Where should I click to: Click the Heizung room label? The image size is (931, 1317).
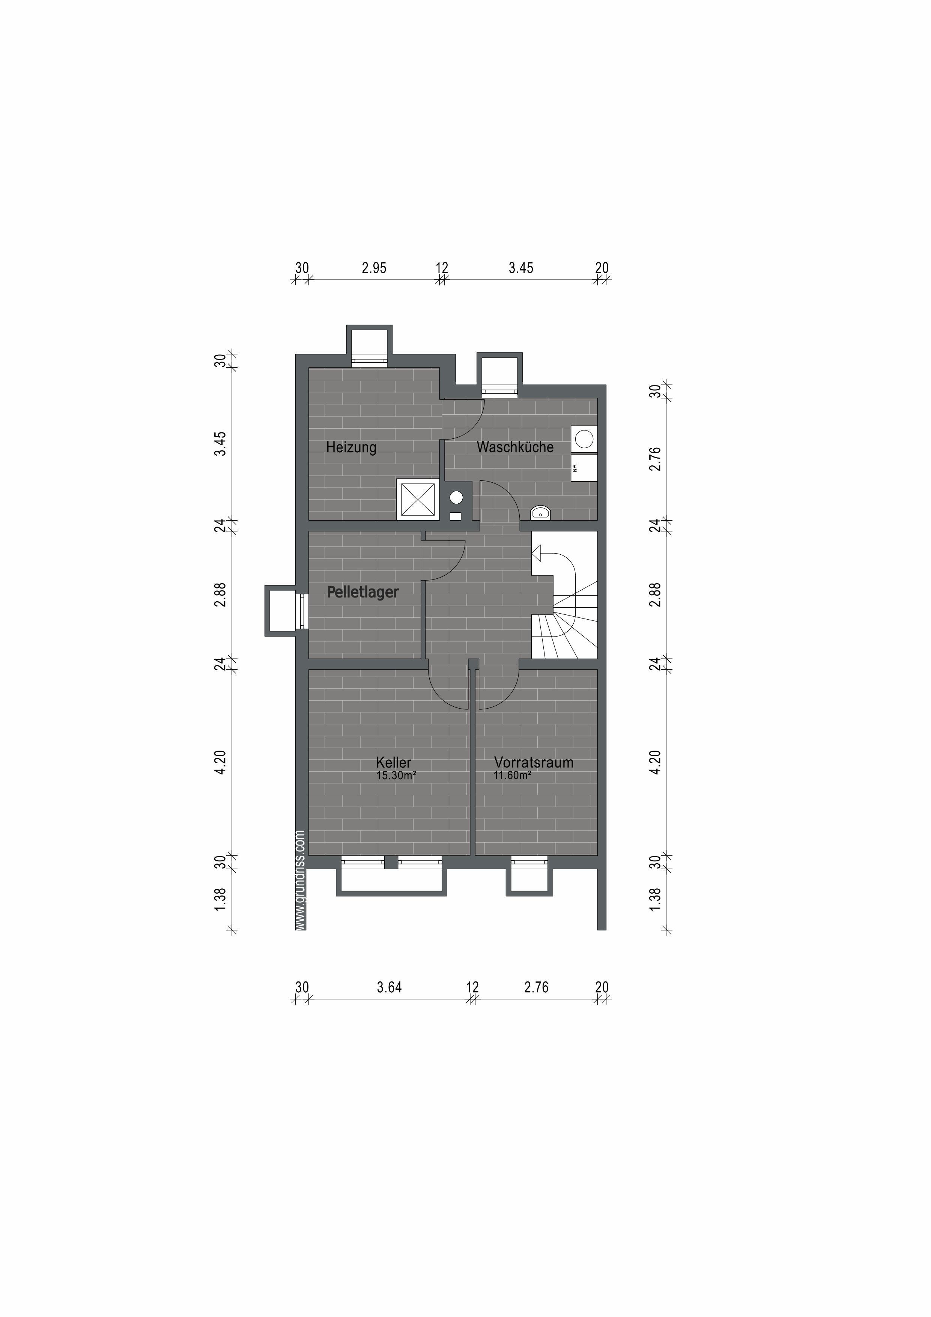[x=351, y=447]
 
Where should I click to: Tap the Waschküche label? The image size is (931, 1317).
[x=515, y=447]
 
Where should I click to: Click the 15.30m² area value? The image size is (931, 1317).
[x=396, y=775]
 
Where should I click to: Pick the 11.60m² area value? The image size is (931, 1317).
[x=512, y=775]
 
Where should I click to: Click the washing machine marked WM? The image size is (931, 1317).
[x=584, y=468]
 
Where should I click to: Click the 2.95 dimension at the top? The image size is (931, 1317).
[x=374, y=268]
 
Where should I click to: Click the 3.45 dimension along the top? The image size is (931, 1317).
[x=521, y=268]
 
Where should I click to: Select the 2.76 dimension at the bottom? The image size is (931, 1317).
[x=536, y=987]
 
